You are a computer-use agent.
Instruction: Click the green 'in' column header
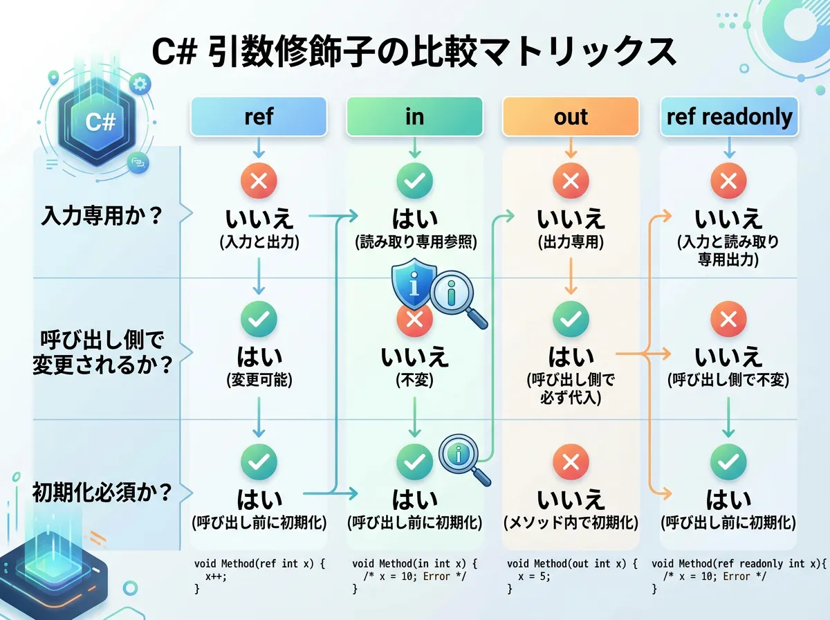tap(414, 116)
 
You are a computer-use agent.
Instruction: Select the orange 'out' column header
tap(571, 116)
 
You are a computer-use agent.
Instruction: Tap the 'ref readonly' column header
tap(729, 116)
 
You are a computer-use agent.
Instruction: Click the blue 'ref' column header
tap(258, 116)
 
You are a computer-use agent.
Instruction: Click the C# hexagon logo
tap(100, 122)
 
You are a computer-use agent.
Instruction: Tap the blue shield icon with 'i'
tap(414, 285)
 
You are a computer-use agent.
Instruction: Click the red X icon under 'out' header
tap(571, 182)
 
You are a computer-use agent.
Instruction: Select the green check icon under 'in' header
tap(414, 182)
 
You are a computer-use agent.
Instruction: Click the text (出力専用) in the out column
tap(571, 242)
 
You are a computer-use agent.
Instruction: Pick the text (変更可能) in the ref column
tap(258, 380)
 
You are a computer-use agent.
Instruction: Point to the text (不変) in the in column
tap(414, 380)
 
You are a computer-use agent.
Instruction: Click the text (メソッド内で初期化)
tap(571, 522)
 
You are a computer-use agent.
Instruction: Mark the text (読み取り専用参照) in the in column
tap(414, 242)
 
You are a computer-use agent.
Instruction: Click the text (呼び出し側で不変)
tap(728, 380)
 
